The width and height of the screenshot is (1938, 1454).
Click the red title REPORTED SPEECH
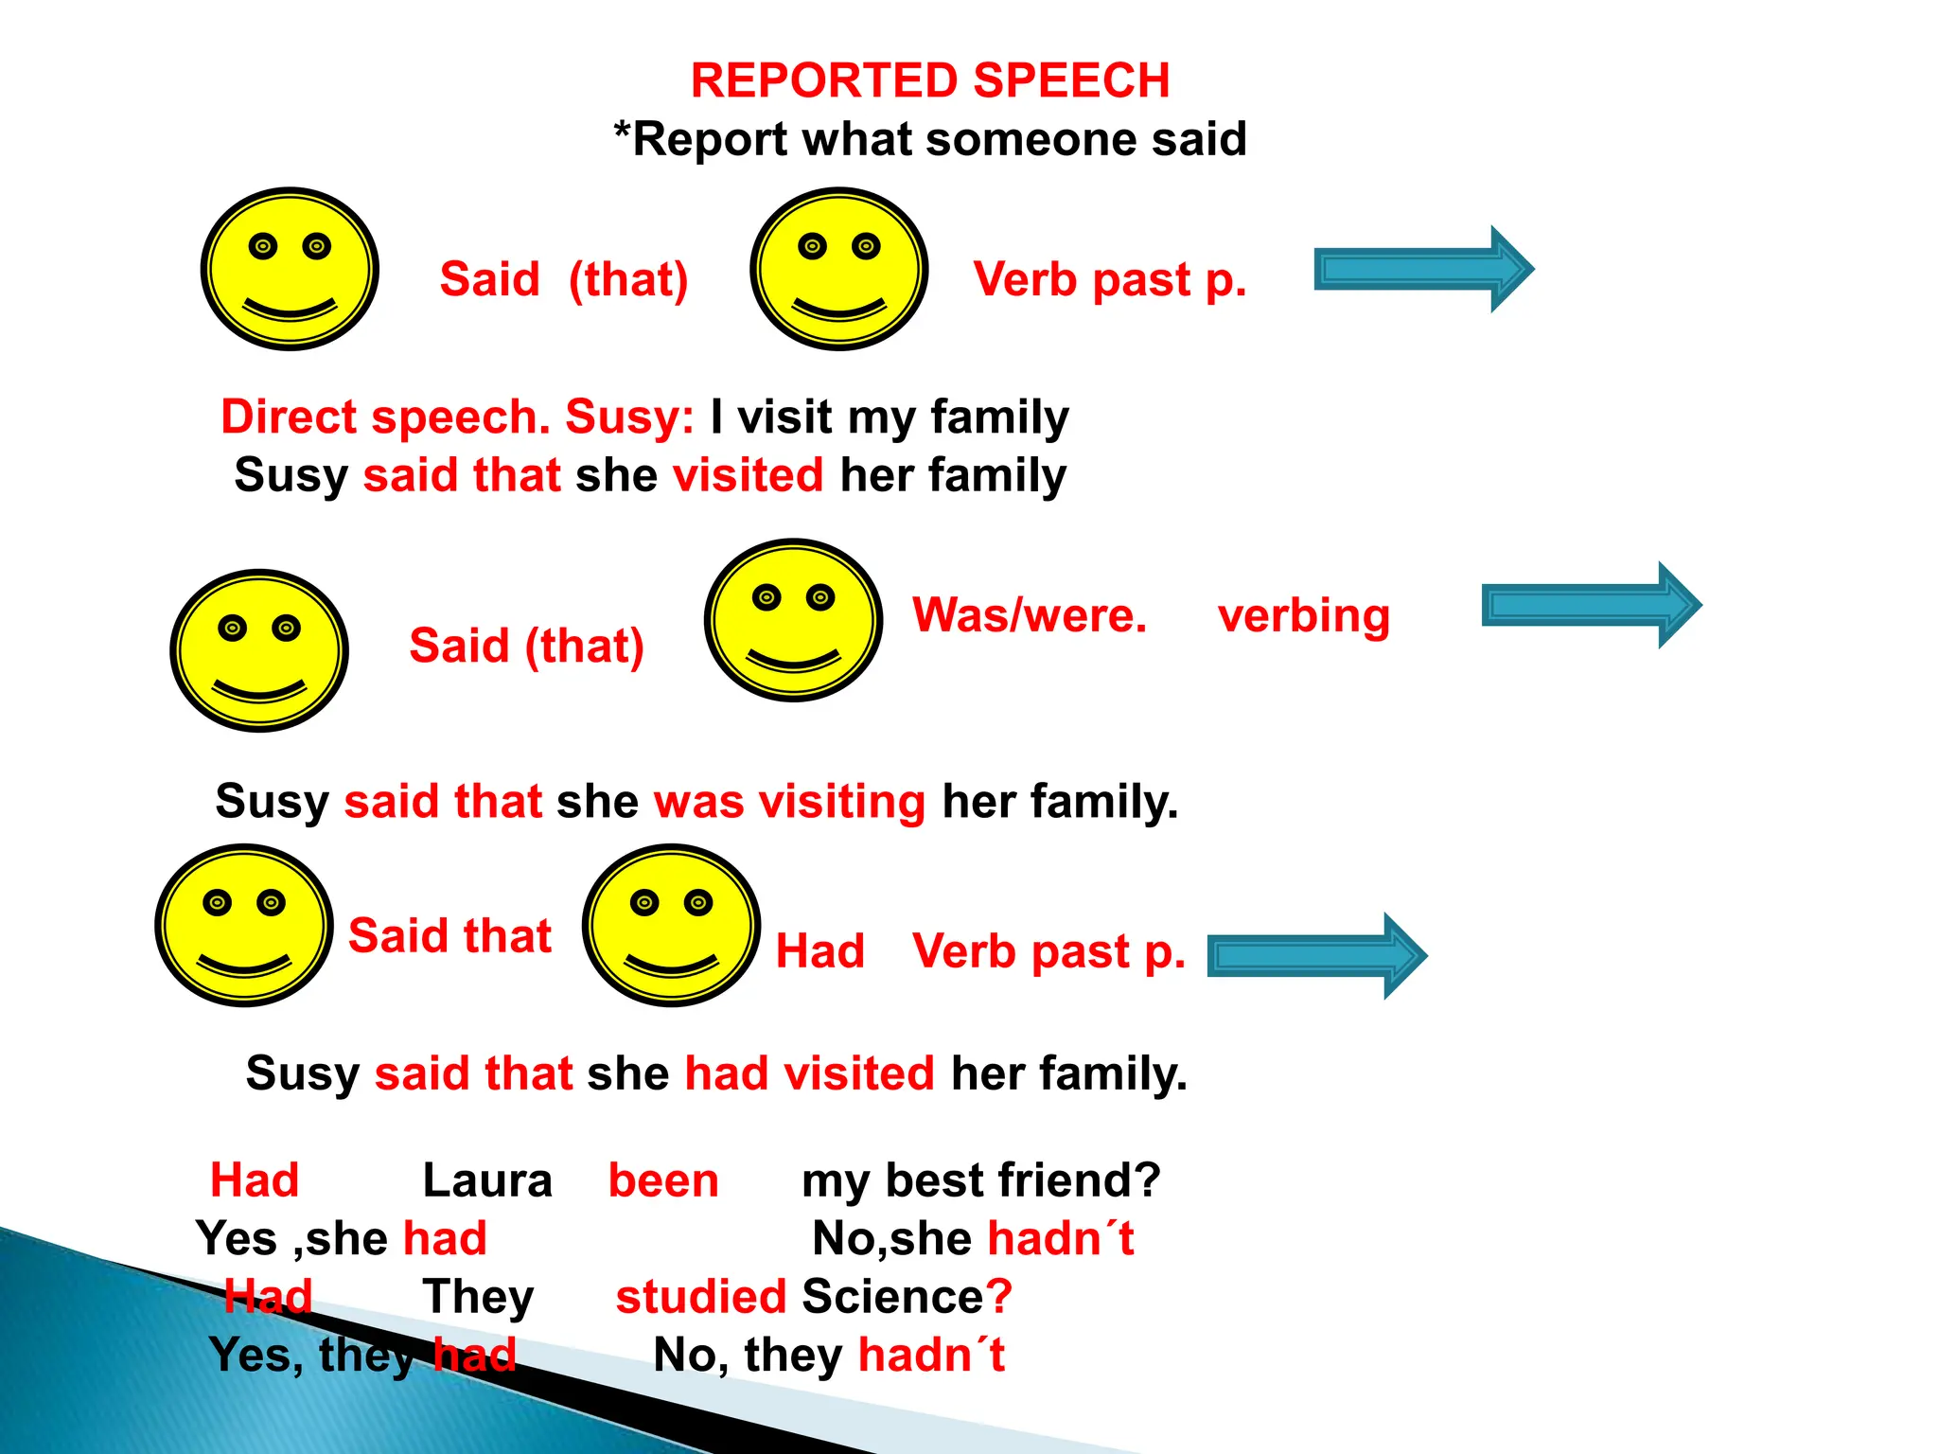coord(929,80)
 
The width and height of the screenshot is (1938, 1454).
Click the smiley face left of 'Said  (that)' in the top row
coord(290,269)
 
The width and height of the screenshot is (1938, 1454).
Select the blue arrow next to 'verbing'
coord(1591,605)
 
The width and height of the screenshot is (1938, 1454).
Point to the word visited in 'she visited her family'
coord(748,474)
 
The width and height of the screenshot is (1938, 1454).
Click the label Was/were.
coord(1030,615)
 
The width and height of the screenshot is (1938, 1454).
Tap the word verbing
coord(1303,616)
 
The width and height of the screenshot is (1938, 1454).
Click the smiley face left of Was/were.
coord(793,620)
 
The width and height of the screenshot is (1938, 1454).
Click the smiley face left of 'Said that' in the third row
coord(244,925)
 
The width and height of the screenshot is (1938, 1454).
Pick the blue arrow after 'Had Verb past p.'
coord(1316,955)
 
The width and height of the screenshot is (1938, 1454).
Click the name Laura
coord(486,1180)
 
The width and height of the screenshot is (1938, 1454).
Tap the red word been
coord(663,1180)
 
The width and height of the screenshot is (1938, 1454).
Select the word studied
coord(700,1296)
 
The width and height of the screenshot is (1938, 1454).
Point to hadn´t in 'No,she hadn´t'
coord(1060,1238)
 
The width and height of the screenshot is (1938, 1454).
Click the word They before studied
coord(478,1296)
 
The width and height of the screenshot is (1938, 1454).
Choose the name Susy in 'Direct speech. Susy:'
coord(629,417)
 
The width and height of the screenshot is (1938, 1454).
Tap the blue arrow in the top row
coord(1423,269)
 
